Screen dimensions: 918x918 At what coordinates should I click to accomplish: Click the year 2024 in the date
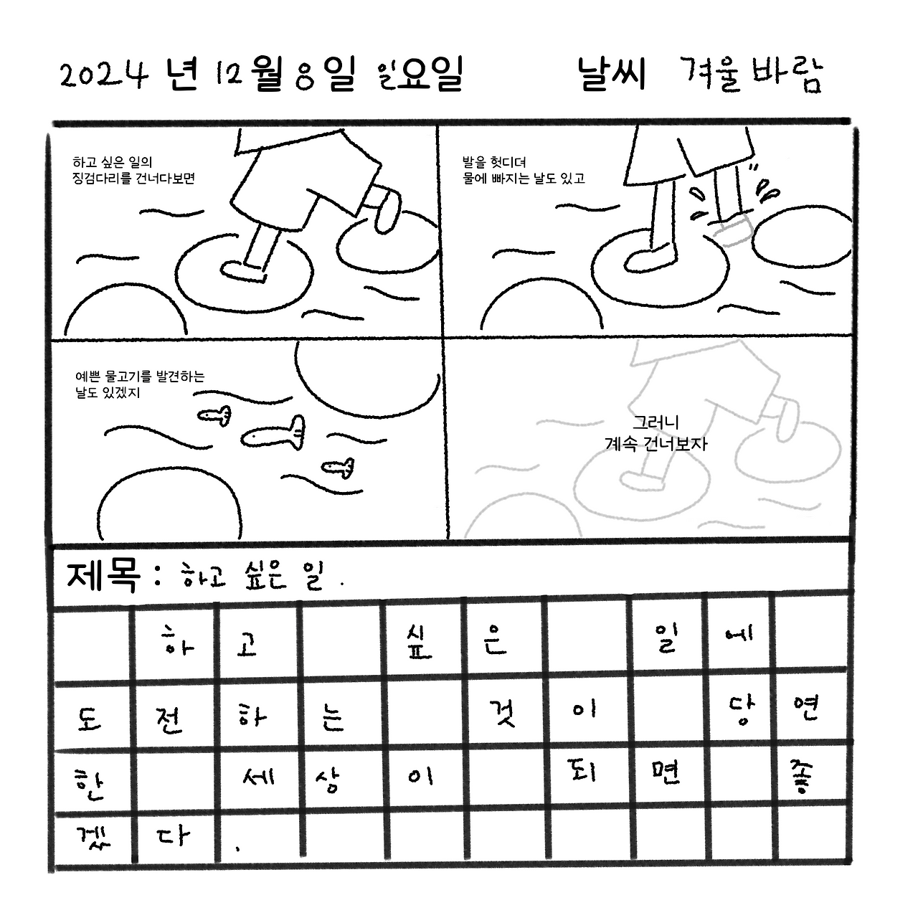click(104, 75)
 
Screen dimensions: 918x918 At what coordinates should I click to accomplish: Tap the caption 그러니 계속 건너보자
click(656, 434)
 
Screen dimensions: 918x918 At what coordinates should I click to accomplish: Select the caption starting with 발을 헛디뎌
click(524, 171)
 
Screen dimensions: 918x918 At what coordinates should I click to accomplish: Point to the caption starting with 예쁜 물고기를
click(140, 384)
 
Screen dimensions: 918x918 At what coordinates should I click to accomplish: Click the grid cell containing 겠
click(89, 838)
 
